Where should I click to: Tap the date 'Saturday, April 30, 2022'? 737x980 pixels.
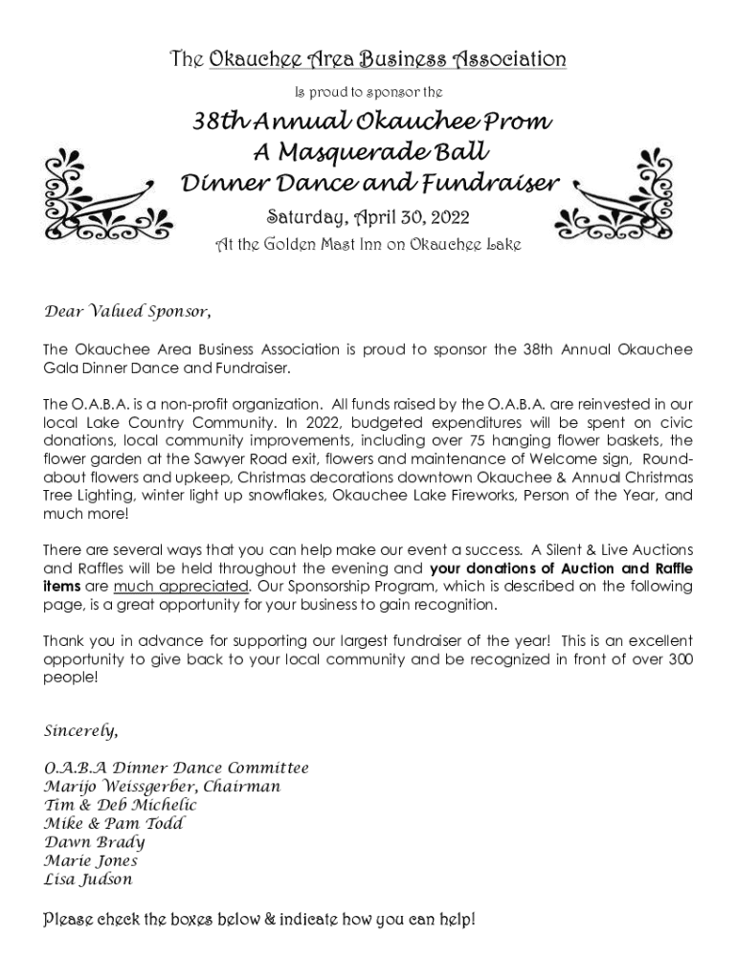pyautogui.click(x=369, y=217)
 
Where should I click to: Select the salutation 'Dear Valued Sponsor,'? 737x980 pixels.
pyautogui.click(x=127, y=312)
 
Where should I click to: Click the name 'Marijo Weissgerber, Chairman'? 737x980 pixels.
pyautogui.click(x=163, y=787)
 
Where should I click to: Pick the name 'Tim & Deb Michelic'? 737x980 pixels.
pyautogui.click(x=121, y=805)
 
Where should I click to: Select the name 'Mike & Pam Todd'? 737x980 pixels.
pyautogui.click(x=114, y=823)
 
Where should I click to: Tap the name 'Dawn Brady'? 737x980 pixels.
pyautogui.click(x=95, y=842)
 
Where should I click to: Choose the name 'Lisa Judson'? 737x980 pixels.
pyautogui.click(x=89, y=879)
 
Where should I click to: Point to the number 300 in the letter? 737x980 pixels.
pyautogui.click(x=681, y=659)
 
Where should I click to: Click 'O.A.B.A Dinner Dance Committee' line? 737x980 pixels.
pyautogui.click(x=176, y=768)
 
